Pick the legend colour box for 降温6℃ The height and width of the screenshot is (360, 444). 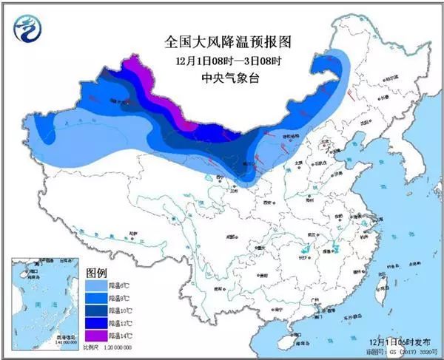click(96, 284)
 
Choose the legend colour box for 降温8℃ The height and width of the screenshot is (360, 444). click(96, 296)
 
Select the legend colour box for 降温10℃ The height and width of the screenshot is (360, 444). click(96, 310)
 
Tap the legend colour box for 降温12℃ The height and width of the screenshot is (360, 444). click(96, 323)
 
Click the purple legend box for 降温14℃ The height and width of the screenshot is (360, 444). click(96, 336)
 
